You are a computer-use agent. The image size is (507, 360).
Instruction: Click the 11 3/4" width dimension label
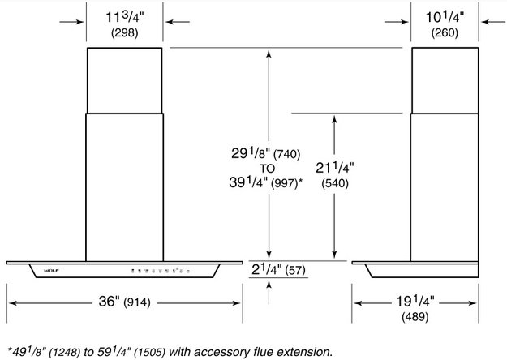pyautogui.click(x=124, y=18)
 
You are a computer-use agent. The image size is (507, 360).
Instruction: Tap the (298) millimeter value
pyautogui.click(x=124, y=33)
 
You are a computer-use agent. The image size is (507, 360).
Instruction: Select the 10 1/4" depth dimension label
pyautogui.click(x=445, y=18)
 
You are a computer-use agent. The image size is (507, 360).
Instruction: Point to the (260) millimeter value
pyautogui.click(x=445, y=33)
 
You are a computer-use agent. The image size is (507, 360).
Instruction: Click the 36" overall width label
pyautogui.click(x=107, y=302)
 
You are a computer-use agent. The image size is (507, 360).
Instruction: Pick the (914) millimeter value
pyautogui.click(x=136, y=302)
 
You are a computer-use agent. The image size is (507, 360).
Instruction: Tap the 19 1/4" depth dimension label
pyautogui.click(x=415, y=302)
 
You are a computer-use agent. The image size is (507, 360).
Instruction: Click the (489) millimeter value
pyautogui.click(x=415, y=317)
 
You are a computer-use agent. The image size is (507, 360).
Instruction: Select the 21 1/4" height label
pyautogui.click(x=335, y=168)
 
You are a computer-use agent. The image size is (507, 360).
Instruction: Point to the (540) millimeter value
pyautogui.click(x=335, y=183)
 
